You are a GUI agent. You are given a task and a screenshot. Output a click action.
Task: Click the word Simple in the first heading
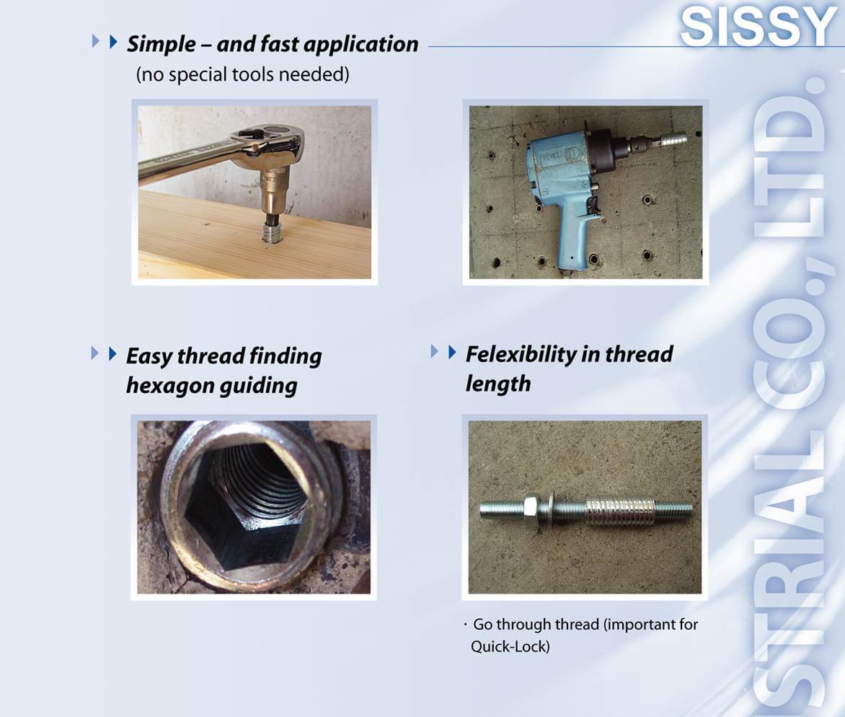[162, 44]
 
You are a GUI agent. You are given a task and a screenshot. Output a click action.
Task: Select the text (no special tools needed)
[242, 74]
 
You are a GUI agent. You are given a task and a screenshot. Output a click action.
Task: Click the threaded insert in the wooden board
[273, 232]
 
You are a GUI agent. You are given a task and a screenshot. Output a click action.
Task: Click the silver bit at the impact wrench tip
[671, 140]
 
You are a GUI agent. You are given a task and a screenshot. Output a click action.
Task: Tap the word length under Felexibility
[498, 384]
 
